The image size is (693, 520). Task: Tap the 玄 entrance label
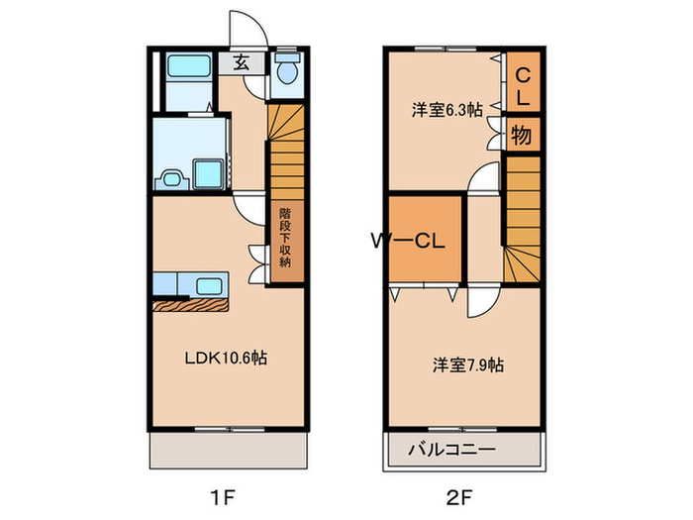pos(241,61)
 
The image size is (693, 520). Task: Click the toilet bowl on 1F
pos(286,71)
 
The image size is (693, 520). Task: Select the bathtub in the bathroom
pos(185,69)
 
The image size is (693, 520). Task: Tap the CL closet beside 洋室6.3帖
pos(524,85)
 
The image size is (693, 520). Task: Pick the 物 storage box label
pos(523,135)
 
